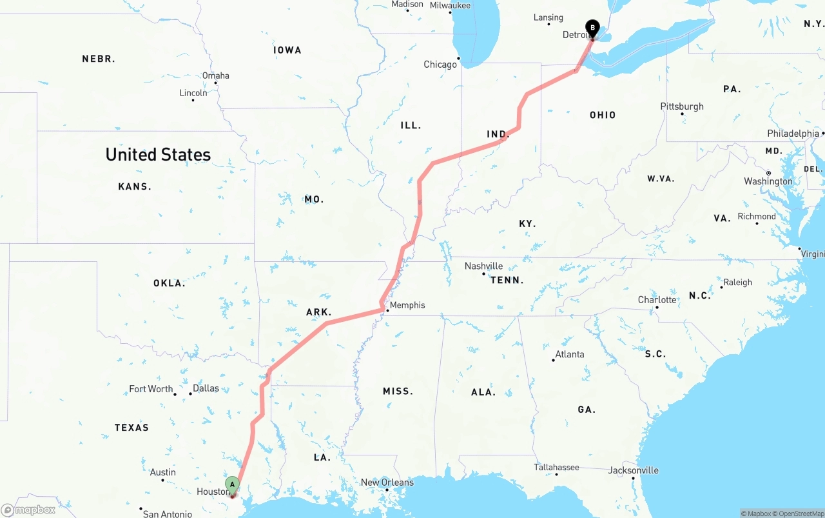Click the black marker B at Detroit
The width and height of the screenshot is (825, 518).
[592, 28]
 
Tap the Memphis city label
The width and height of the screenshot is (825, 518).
[407, 305]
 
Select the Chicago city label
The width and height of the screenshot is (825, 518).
[440, 65]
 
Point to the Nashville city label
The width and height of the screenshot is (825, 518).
[483, 266]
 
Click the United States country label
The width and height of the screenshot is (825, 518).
[158, 155]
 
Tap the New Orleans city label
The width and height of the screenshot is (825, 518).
[387, 483]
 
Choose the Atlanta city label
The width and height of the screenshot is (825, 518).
[570, 354]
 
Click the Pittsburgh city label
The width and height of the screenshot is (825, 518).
[682, 106]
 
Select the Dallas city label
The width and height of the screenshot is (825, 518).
[206, 388]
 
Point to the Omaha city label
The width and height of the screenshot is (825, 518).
[215, 75]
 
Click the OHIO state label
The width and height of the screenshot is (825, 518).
[603, 115]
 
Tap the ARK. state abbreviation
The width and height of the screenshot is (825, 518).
[318, 312]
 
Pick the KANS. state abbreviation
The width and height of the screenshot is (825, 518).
[135, 186]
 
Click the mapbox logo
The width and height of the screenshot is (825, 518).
[28, 510]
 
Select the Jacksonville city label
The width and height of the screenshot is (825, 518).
[634, 470]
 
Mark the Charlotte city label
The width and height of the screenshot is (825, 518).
[657, 300]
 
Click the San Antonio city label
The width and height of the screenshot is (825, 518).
[167, 514]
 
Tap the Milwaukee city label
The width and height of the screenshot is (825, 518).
[450, 6]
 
